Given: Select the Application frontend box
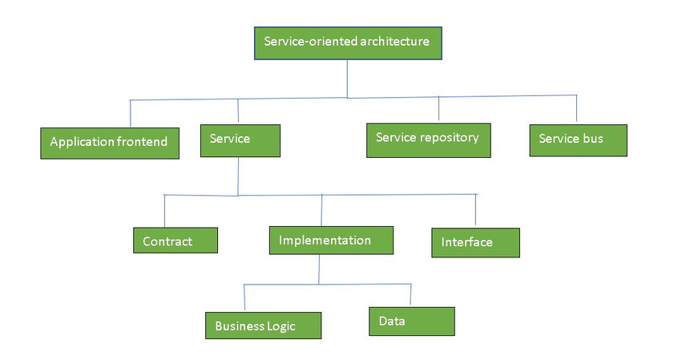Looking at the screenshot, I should [109, 143].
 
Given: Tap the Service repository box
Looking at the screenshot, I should [428, 140].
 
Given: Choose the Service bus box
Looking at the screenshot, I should [578, 140].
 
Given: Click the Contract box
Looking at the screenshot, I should [175, 241].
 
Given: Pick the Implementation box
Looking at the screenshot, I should [331, 241].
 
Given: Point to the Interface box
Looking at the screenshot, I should [475, 242].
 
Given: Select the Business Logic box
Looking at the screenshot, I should [263, 326].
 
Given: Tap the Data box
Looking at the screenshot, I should [411, 322].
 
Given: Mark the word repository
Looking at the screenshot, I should [450, 137].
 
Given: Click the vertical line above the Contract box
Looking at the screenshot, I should [164, 211].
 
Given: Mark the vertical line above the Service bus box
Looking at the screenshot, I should [576, 109].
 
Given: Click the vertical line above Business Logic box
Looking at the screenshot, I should [244, 297].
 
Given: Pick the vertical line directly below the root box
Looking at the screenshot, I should [347, 79].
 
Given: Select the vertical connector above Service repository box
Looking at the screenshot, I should [438, 109].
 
